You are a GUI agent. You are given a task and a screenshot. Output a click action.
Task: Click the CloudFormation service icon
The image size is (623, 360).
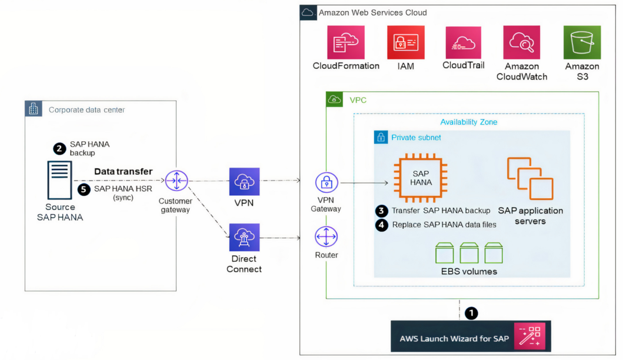coord(346,42)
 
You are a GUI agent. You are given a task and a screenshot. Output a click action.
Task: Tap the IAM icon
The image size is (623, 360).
coord(405,42)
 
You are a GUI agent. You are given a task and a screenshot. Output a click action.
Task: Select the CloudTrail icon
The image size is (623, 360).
coord(464,42)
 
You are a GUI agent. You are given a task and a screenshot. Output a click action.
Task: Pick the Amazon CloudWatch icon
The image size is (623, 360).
coord(521,42)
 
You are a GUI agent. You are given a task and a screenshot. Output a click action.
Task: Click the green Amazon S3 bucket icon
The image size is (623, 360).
coord(582,42)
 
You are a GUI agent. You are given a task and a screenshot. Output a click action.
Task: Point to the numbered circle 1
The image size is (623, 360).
coord(471,313)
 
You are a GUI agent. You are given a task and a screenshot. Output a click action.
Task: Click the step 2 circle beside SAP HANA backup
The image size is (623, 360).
coord(59,148)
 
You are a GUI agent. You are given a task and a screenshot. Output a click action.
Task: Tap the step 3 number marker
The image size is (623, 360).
coord(382,211)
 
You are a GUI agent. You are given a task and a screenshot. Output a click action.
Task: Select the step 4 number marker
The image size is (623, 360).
coord(382,224)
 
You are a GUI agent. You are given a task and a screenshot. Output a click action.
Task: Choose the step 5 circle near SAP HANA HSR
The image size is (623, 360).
coord(84,189)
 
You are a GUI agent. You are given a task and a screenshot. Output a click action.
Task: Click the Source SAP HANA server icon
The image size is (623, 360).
coord(60,181)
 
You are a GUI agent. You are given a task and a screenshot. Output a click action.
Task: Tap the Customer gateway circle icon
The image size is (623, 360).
coord(175,181)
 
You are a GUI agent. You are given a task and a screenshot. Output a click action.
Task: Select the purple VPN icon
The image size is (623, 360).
coord(244,181)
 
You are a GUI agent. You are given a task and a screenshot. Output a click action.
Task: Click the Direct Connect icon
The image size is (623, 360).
coord(244,237)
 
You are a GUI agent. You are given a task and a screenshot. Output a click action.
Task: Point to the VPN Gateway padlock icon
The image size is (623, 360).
coord(326,183)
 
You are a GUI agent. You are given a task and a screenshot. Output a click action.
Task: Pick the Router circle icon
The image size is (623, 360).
coord(326,237)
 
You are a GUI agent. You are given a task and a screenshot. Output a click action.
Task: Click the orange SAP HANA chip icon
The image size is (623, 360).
coord(421,178)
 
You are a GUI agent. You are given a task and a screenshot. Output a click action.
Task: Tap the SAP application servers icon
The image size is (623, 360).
coord(530,178)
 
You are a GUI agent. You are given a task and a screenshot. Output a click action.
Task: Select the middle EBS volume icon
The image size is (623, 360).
coord(469,252)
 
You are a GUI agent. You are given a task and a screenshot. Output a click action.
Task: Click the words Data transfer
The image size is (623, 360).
coord(124,171)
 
